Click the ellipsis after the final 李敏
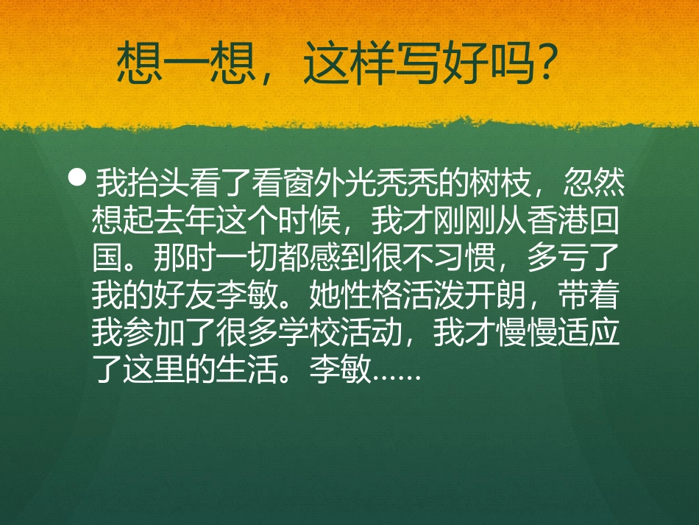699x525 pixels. point(397,375)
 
